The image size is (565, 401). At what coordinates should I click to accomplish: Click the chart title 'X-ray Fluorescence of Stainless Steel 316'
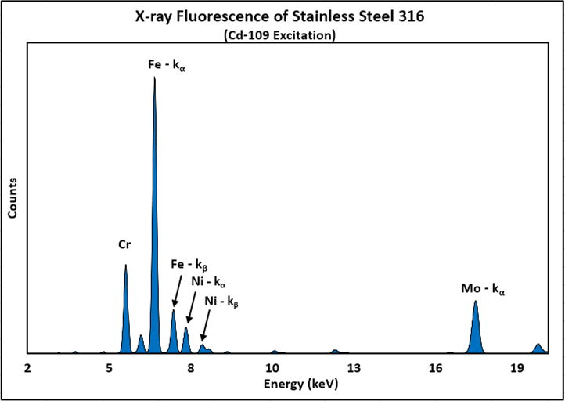pos(282,16)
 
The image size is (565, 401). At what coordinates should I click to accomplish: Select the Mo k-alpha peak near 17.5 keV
pos(476,329)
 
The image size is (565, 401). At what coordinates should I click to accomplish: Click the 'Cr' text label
pos(124,245)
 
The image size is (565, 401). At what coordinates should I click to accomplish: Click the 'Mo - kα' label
pos(483,290)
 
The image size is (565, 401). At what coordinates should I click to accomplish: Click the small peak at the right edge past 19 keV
pos(538,349)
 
